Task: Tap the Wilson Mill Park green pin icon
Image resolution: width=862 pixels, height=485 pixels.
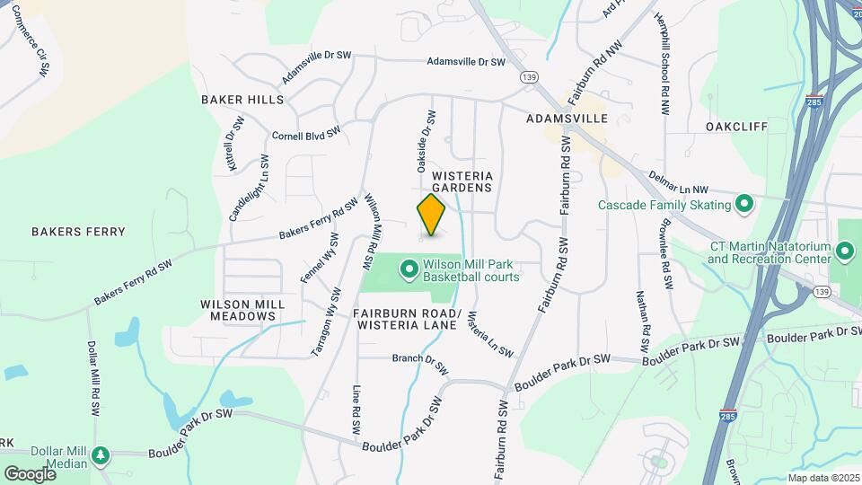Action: coord(409,268)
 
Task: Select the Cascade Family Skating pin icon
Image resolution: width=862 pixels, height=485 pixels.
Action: coord(743,206)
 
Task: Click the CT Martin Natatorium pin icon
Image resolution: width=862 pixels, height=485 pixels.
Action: coord(845,250)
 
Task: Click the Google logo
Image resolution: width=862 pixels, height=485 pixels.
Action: coord(30,473)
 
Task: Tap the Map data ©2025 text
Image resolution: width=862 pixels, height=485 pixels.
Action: coord(823,478)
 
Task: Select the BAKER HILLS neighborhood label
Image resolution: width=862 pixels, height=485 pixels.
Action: coord(242,100)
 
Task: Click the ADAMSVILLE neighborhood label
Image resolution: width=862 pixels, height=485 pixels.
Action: coord(567,119)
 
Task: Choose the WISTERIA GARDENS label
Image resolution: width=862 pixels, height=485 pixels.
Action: coord(462,182)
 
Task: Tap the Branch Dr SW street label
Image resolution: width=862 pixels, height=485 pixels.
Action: coord(419,364)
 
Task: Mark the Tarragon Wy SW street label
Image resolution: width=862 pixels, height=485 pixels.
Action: coord(326,322)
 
